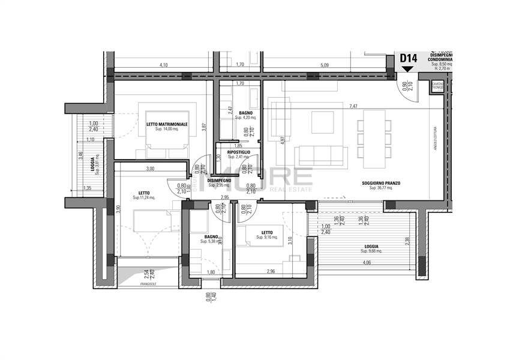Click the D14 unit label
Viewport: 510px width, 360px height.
click(x=408, y=58)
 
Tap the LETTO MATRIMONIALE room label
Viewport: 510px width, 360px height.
click(x=167, y=124)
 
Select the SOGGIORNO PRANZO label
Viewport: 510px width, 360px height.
click(x=380, y=183)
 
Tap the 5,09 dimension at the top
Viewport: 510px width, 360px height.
click(x=325, y=65)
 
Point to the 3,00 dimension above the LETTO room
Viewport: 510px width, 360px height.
click(x=149, y=169)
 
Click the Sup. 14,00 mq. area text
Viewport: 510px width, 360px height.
click(x=167, y=130)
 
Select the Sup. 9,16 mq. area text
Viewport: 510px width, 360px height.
click(x=268, y=238)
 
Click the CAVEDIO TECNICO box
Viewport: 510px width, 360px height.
click(x=437, y=87)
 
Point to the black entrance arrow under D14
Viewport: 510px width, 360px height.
click(x=408, y=68)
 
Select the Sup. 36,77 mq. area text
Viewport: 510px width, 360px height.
click(x=380, y=188)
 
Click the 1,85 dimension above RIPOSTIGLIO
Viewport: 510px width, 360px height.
click(x=238, y=146)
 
